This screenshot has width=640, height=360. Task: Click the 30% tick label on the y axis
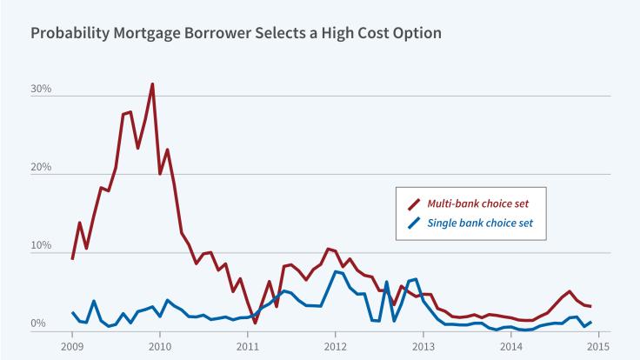pos(43,90)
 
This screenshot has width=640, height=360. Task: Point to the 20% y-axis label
pos(43,168)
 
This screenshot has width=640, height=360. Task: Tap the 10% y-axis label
pos(43,246)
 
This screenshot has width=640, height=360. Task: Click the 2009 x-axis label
pos(72,345)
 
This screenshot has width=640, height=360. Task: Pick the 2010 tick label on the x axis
pos(160,345)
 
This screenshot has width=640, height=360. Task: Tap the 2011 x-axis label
pos(248,345)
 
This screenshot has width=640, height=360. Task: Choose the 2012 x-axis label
pos(336,345)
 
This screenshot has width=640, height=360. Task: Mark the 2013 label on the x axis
pos(423,345)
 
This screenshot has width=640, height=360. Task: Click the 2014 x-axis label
pos(511,345)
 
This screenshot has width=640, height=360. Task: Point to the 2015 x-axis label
pos(598,345)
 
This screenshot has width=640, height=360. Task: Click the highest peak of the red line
pos(152,84)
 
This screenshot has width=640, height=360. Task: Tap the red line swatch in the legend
pos(414,203)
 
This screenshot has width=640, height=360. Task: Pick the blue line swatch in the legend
pos(414,224)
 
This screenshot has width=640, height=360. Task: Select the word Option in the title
pos(415,34)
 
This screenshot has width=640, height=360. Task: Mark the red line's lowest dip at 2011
pos(255,322)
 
